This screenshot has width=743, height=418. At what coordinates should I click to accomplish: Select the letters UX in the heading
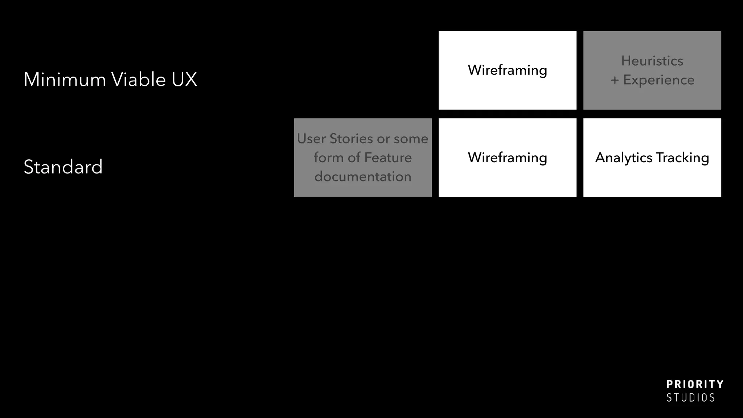click(x=184, y=79)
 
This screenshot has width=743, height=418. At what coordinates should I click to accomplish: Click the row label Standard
click(x=63, y=167)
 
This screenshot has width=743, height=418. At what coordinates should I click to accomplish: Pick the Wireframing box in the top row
click(x=507, y=70)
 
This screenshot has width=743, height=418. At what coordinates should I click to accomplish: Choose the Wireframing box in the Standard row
click(x=507, y=157)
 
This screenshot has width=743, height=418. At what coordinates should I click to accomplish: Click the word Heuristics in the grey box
click(x=652, y=61)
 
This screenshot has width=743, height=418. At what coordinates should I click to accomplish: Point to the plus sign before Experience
click(x=615, y=80)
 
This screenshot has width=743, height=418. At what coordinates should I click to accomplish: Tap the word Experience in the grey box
click(x=658, y=80)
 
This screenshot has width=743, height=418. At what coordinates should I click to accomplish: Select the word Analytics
click(x=624, y=158)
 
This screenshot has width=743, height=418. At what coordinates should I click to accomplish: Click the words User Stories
click(x=335, y=139)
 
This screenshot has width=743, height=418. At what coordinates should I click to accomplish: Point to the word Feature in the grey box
click(x=388, y=157)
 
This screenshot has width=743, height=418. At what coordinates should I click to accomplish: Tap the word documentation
click(x=363, y=177)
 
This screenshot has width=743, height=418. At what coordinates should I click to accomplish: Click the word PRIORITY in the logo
click(x=695, y=384)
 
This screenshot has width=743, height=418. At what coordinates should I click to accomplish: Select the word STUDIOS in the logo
click(x=690, y=398)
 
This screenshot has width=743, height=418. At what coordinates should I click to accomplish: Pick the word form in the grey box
click(x=328, y=157)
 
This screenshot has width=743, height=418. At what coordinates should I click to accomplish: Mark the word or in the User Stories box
click(x=383, y=139)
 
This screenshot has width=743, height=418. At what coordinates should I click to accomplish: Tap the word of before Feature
click(x=354, y=157)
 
